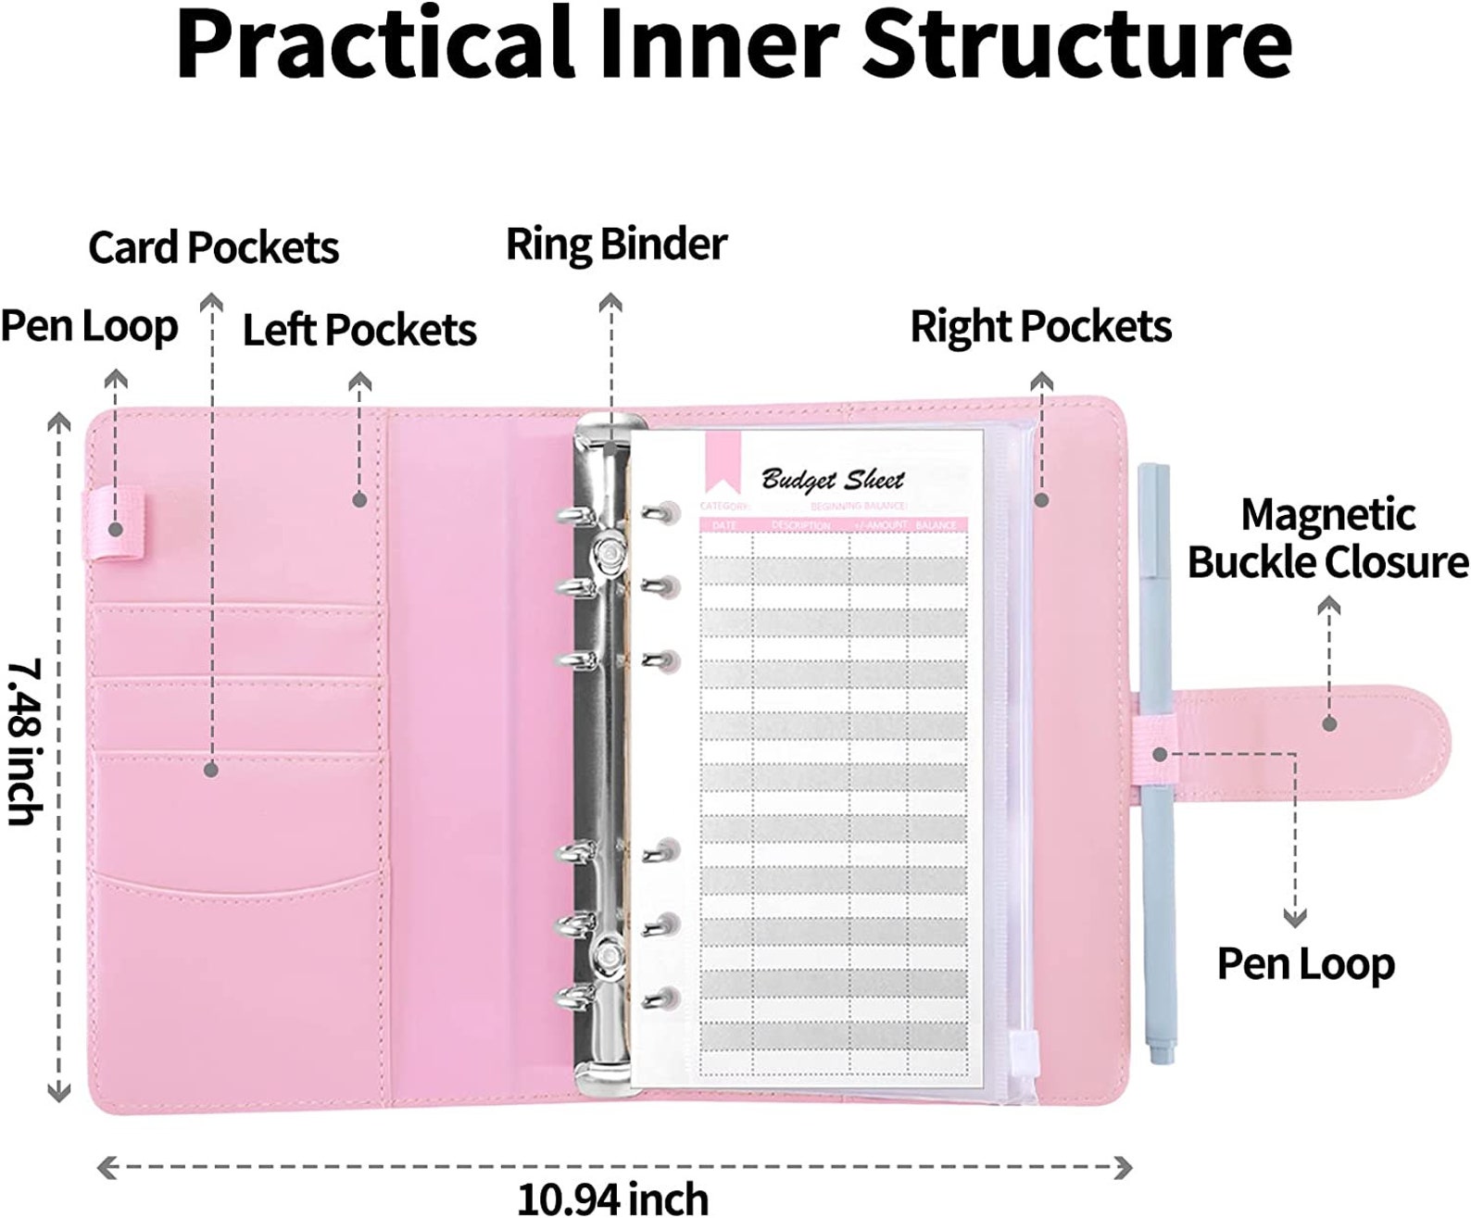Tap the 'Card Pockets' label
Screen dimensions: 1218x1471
pos(213,247)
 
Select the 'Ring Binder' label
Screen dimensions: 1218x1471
pos(616,245)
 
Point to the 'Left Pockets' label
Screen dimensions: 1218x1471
pos(359,330)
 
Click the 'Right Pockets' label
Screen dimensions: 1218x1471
pos(1040,327)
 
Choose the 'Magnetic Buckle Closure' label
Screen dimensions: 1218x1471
pos(1327,539)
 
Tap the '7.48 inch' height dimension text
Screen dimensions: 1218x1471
pos(23,741)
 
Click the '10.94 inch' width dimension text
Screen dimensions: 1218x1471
pos(612,1198)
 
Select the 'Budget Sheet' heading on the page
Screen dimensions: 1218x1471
pos(832,479)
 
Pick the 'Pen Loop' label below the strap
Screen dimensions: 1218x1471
pos(1305,963)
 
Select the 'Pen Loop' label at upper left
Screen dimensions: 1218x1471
pos(89,327)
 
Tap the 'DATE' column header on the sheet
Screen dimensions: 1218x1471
pos(724,525)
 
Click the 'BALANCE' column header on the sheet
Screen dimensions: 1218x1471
pos(936,525)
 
